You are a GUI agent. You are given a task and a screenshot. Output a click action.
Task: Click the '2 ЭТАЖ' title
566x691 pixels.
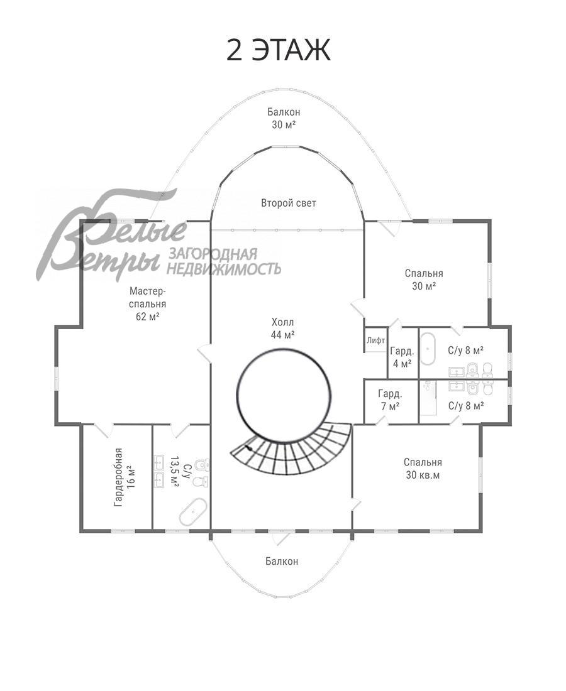coord(279,50)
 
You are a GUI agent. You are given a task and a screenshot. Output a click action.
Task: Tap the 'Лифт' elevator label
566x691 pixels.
coord(376,340)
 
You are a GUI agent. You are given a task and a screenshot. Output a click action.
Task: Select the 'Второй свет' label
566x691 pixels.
coord(289,203)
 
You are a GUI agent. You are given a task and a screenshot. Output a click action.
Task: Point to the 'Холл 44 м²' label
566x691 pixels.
coord(283,329)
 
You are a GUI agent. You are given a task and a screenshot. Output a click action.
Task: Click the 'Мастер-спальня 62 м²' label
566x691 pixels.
coord(148,303)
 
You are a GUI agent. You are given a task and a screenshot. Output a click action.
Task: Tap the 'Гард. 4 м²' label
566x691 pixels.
coord(402,357)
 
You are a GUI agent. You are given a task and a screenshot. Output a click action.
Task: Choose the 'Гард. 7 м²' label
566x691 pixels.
coord(390,400)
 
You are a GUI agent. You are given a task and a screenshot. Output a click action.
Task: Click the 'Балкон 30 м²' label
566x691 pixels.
coord(284,118)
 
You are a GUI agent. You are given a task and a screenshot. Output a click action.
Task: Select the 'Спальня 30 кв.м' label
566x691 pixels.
coord(423,469)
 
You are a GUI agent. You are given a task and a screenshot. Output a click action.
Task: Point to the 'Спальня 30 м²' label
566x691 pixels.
coord(424,280)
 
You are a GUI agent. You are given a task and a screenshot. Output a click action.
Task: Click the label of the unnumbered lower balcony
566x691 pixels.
coord(282,561)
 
